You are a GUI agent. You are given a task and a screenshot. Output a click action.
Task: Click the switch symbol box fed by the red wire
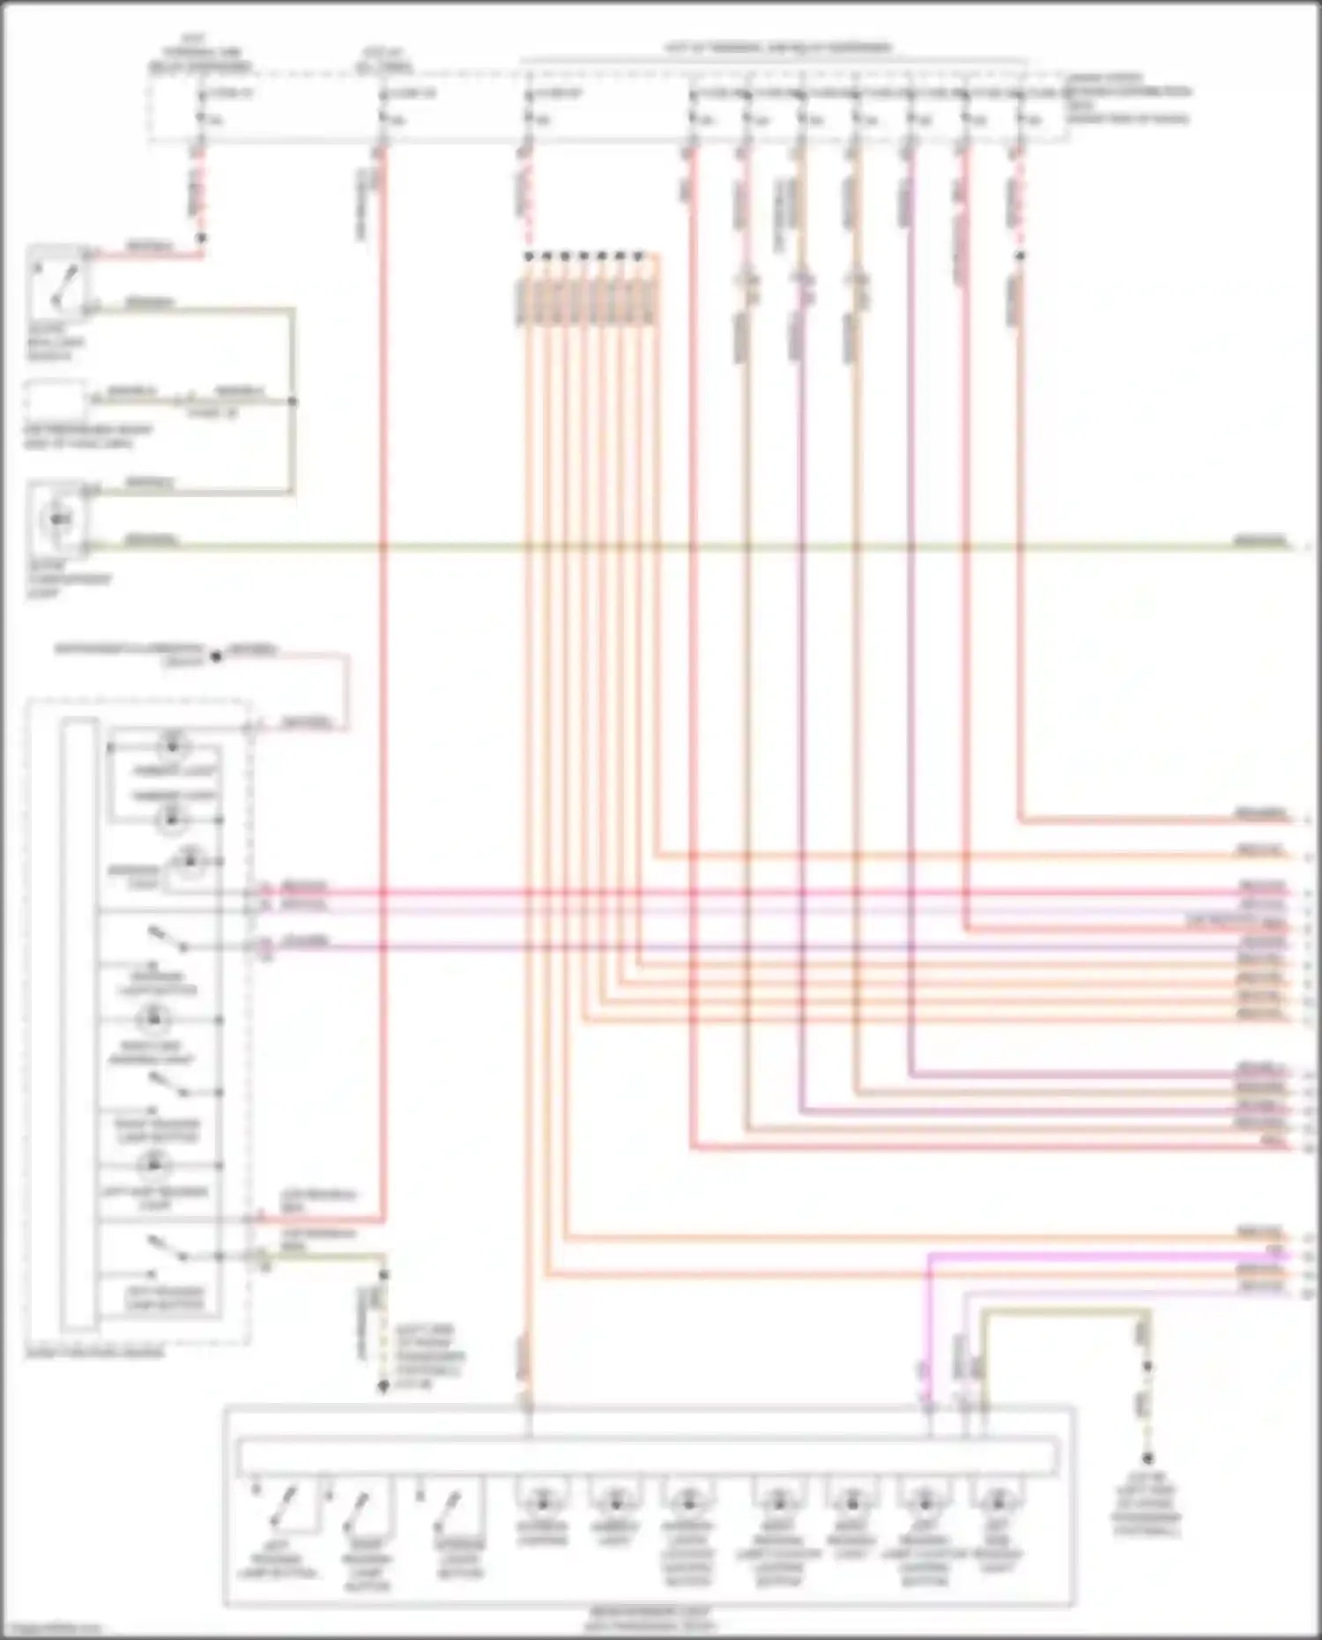[58, 281]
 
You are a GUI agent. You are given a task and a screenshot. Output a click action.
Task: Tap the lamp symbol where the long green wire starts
[59, 519]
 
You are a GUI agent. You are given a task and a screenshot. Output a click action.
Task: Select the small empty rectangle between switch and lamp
[56, 401]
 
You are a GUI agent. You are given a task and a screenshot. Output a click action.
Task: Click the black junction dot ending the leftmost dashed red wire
[201, 238]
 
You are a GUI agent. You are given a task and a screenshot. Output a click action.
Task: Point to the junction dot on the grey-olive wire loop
[293, 402]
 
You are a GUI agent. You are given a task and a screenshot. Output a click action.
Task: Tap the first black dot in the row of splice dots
[528, 256]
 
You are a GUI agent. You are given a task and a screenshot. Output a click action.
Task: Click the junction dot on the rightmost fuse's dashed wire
[1020, 256]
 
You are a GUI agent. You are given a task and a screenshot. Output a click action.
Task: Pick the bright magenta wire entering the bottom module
[928, 1322]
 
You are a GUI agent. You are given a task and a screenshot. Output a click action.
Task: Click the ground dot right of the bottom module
[1147, 1458]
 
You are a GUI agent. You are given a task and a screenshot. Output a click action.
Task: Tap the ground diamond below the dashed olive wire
[383, 1386]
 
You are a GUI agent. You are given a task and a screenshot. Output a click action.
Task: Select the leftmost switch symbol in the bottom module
[284, 1509]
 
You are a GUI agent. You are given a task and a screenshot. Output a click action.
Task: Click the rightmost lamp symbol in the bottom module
[997, 1500]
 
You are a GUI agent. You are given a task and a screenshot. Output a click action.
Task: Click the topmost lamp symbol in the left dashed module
[172, 746]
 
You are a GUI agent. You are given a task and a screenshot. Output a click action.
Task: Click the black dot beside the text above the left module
[215, 657]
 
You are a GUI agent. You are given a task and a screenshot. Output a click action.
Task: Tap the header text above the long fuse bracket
[776, 48]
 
